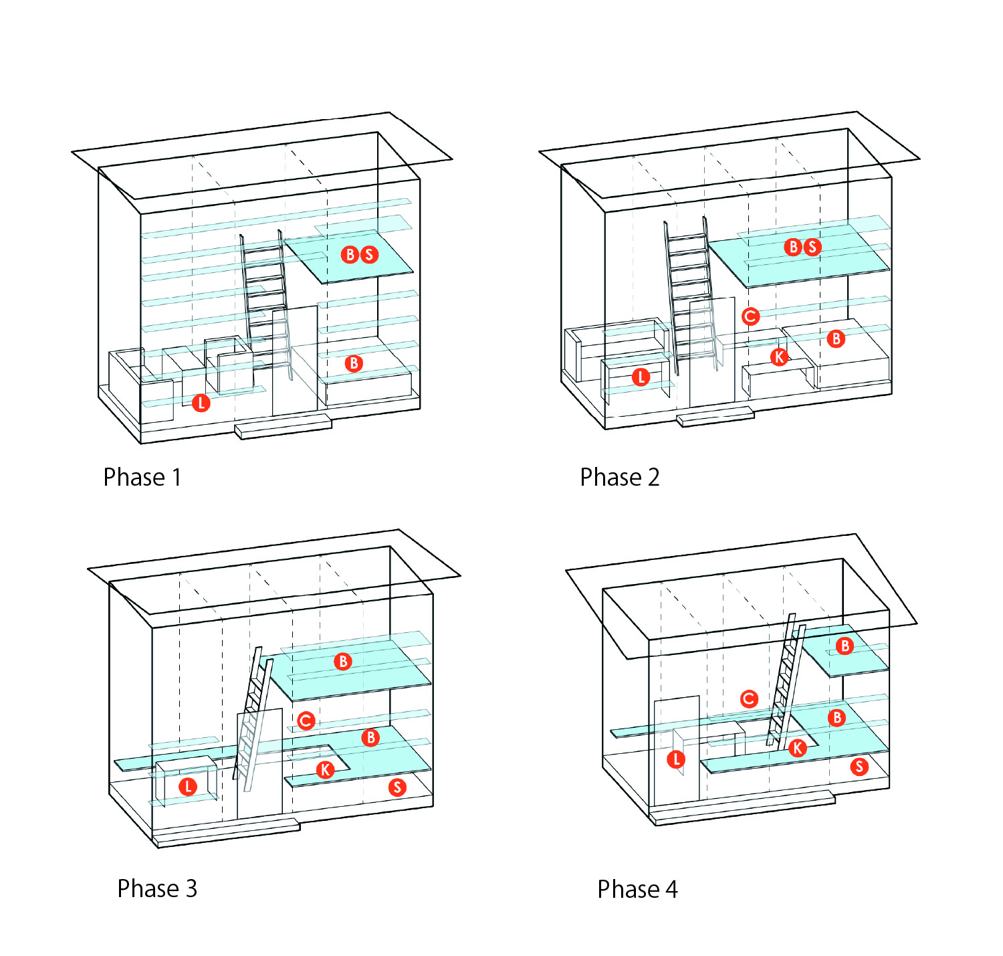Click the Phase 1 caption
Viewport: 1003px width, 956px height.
[142, 477]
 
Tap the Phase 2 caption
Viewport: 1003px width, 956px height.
[619, 477]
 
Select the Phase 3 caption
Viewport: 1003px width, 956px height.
[157, 888]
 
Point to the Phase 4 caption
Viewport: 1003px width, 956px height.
[637, 889]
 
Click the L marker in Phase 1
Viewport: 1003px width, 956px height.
[201, 403]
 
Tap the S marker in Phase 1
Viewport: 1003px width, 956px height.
[368, 254]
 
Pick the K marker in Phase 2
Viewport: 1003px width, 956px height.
[779, 357]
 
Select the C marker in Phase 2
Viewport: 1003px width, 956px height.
[750, 316]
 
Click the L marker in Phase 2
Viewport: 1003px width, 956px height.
[641, 377]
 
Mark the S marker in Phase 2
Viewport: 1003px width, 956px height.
[812, 247]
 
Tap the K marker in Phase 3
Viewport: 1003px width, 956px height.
[325, 769]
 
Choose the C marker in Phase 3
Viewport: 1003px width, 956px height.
[306, 721]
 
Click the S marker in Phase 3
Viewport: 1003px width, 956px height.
[397, 787]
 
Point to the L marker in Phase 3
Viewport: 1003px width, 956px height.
[188, 787]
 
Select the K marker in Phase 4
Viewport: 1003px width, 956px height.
[797, 748]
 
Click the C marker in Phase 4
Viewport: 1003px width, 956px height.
[749, 699]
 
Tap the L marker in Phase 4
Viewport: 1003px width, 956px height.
[676, 759]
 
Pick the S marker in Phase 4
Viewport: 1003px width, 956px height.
[859, 767]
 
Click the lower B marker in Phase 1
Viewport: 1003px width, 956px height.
[353, 363]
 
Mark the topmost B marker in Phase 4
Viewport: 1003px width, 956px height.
[845, 646]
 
